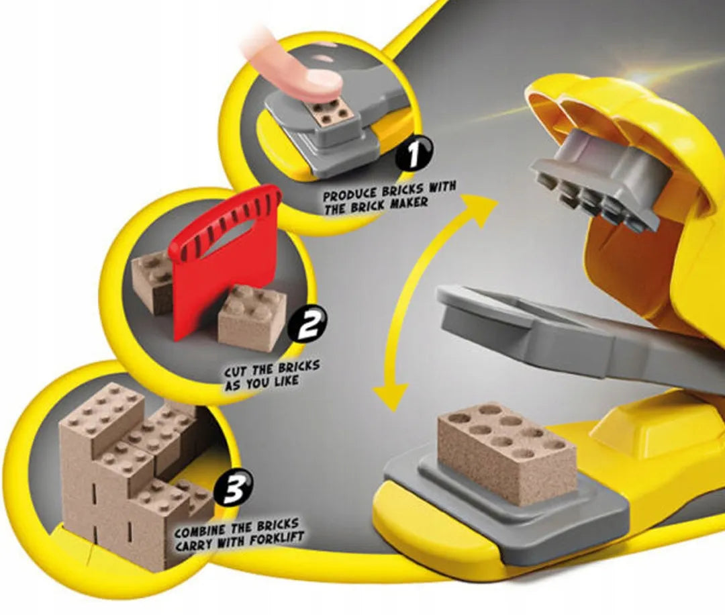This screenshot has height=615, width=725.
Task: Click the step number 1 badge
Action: coord(416,154)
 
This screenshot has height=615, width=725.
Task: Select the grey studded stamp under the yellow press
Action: coord(601,181)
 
